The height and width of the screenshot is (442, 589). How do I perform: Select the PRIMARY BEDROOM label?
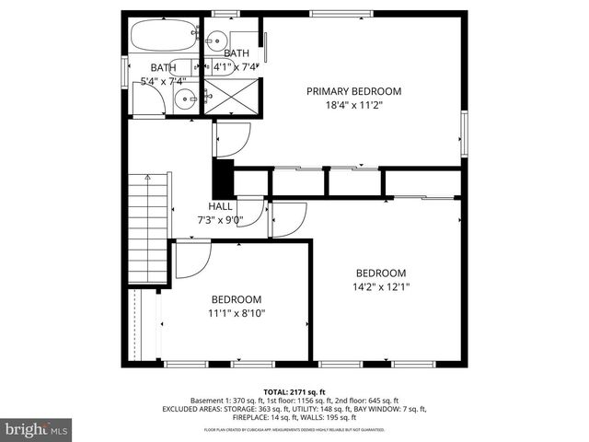coord(354,90)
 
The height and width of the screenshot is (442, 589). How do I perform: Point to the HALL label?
coord(221,206)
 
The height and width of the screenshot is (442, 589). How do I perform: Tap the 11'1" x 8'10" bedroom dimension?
coord(237,313)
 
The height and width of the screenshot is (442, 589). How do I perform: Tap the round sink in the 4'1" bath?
coord(215,40)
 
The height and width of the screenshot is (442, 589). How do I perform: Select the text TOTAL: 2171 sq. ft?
coord(294,391)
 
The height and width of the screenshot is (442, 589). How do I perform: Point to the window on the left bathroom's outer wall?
coord(124,71)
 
